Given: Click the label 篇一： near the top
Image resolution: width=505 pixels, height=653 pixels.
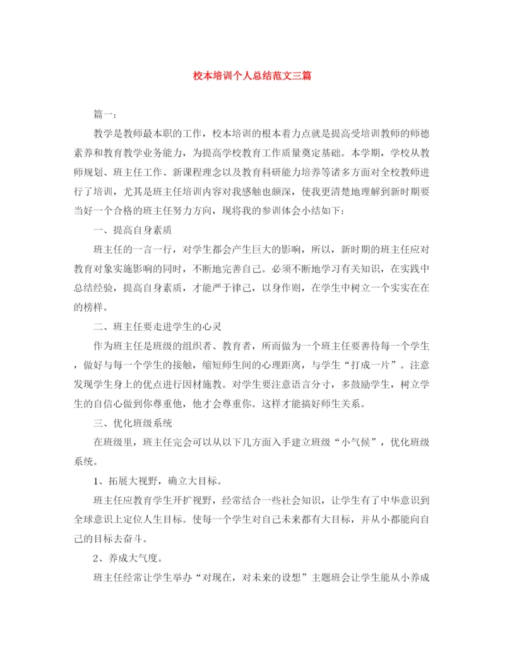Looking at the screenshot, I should [104, 115].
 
